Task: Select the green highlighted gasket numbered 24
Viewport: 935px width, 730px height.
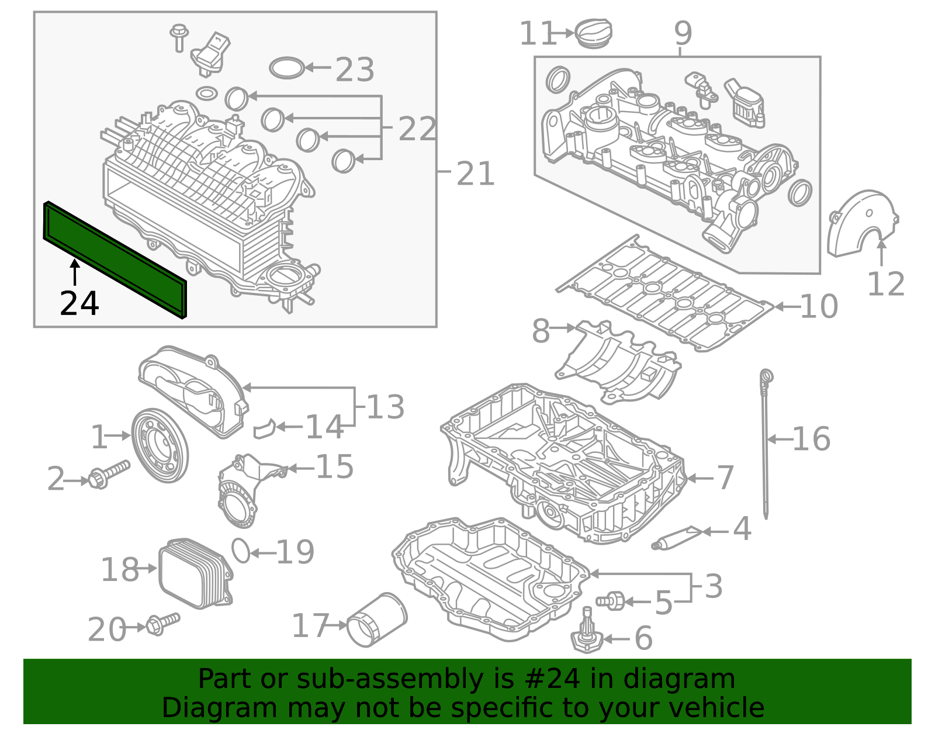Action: pyautogui.click(x=115, y=260)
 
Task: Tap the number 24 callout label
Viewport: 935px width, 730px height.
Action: pyautogui.click(x=79, y=304)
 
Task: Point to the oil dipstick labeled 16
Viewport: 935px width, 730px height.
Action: pyautogui.click(x=765, y=444)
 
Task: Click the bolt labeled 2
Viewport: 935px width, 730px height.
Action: pyautogui.click(x=109, y=474)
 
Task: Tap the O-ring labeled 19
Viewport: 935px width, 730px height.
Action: pyautogui.click(x=241, y=551)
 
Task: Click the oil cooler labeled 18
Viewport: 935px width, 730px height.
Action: pyautogui.click(x=195, y=573)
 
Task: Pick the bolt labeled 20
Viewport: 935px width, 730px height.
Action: pyautogui.click(x=163, y=624)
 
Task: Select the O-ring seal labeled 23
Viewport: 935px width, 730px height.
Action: pyautogui.click(x=287, y=68)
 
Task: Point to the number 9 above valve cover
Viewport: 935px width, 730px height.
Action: pyautogui.click(x=683, y=33)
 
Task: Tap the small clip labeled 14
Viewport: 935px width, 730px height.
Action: pyautogui.click(x=265, y=429)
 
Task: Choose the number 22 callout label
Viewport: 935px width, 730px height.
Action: pyautogui.click(x=417, y=129)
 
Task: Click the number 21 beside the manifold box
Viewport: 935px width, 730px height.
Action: pyautogui.click(x=475, y=174)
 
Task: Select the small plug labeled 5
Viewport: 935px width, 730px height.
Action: pyautogui.click(x=610, y=600)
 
